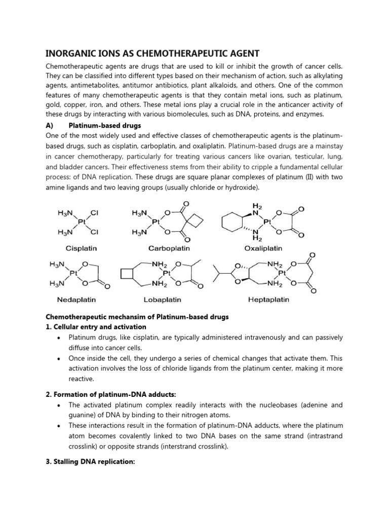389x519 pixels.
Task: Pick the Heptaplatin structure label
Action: (x=268, y=300)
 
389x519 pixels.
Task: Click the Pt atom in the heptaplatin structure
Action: (x=282, y=273)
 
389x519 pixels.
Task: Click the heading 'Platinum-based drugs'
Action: (x=105, y=125)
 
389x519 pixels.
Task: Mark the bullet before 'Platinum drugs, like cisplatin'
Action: (x=60, y=338)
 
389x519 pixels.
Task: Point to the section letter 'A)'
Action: (x=51, y=125)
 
